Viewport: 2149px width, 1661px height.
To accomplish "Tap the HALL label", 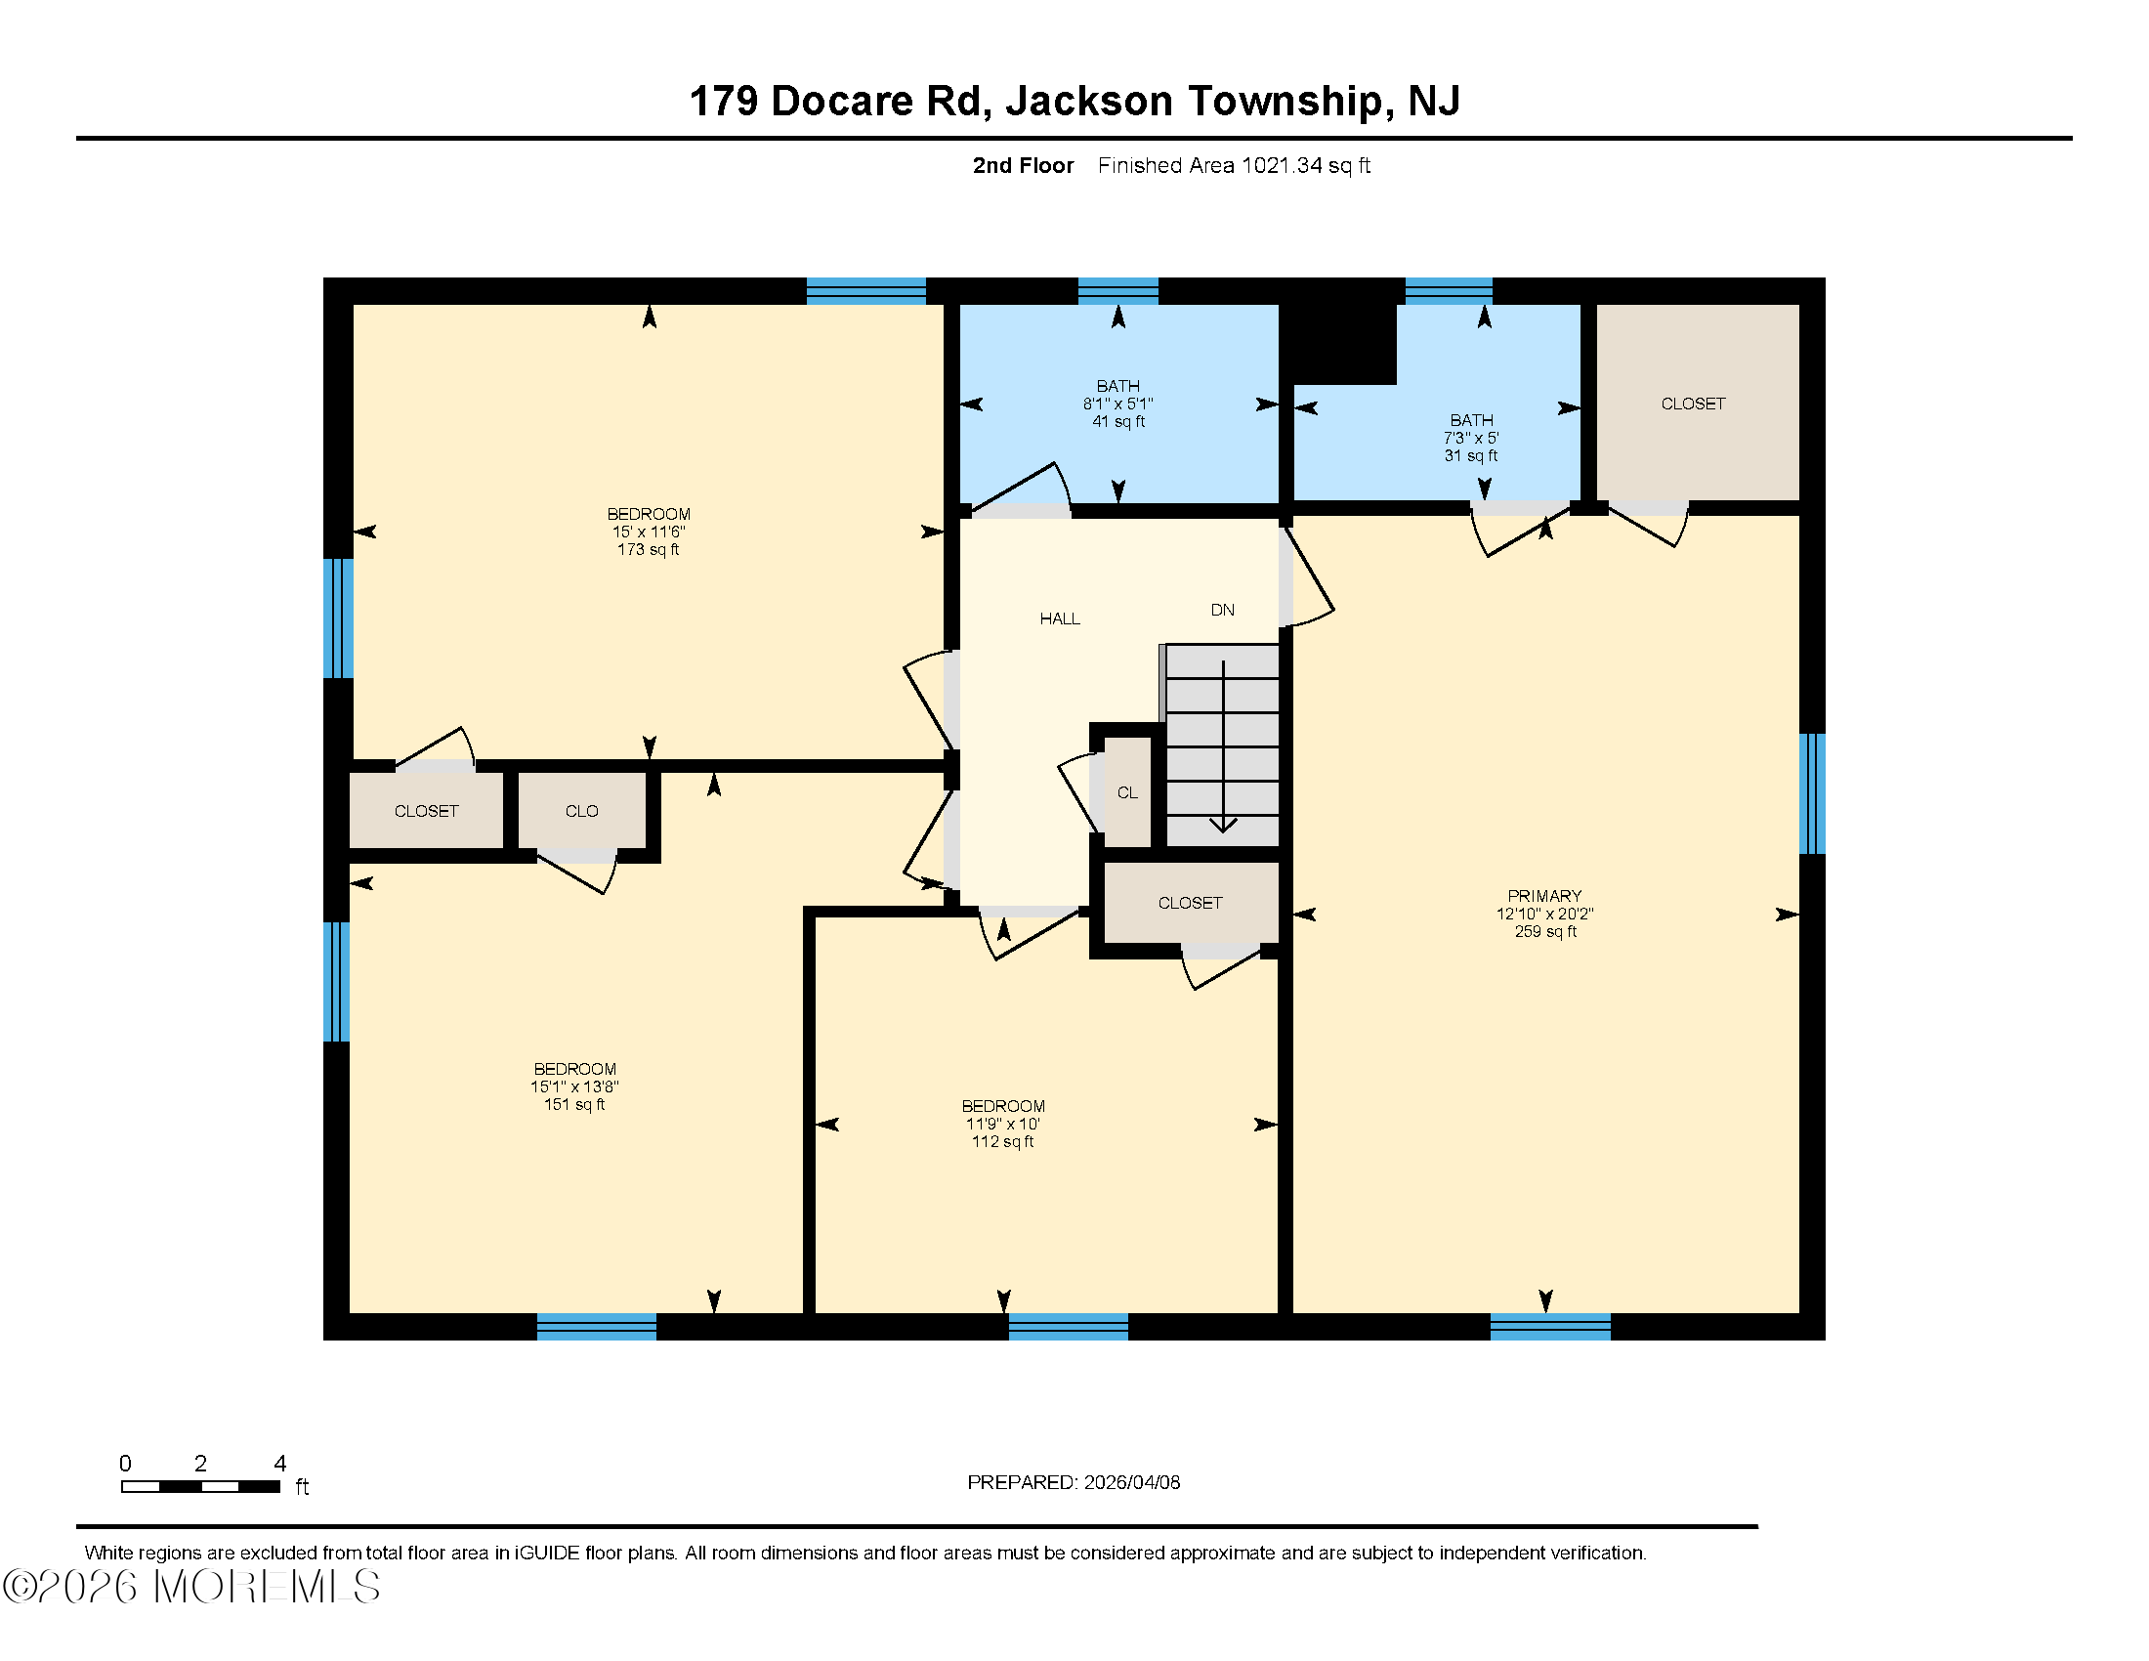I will pos(1060,618).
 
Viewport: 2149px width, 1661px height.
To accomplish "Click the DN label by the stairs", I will pos(1222,610).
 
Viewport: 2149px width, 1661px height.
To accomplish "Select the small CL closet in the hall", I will pos(1127,792).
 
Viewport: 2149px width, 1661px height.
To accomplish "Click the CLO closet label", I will pos(581,811).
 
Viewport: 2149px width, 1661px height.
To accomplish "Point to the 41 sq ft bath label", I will pos(1117,404).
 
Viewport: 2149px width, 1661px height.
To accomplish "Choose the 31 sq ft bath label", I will pos(1471,438).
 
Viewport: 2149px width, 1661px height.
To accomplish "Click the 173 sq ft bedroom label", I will pos(649,532).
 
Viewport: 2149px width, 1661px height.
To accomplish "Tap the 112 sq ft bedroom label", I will pos(1002,1124).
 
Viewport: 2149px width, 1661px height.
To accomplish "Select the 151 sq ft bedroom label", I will pos(574,1086).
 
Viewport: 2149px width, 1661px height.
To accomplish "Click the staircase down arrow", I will pos(1223,747).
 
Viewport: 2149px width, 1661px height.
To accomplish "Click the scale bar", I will pos(200,1486).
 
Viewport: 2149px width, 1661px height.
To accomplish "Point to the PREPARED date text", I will pos(1074,1482).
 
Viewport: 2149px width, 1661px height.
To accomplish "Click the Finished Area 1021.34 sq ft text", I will pos(1234,165).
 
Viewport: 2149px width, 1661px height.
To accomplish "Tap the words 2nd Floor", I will pos(1024,165).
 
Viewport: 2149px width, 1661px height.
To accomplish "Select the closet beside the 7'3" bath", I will pos(1695,404).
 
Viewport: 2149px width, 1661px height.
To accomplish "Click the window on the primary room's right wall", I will pos(1811,793).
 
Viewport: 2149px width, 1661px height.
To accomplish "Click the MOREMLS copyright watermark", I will pos(191,1586).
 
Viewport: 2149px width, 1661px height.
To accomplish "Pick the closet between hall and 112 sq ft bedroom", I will pos(1190,903).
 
